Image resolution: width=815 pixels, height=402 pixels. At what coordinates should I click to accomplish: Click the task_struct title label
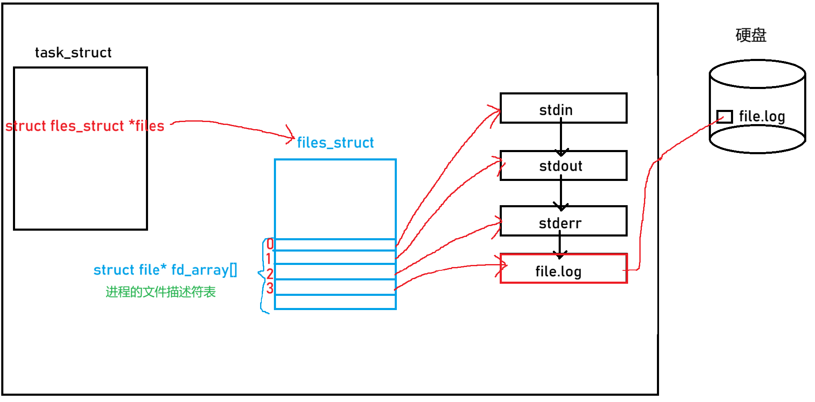73,53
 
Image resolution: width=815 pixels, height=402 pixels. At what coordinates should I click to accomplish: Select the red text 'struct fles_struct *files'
84,126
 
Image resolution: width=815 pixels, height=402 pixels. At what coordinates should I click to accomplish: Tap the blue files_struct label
335,142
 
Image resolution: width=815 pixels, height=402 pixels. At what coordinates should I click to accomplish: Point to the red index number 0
270,244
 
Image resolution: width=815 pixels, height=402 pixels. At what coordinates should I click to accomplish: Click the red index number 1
268,258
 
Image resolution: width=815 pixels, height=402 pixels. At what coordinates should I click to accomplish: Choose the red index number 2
270,274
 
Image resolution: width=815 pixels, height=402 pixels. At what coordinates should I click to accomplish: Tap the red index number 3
270,288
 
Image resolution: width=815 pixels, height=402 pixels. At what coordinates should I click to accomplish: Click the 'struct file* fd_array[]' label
165,270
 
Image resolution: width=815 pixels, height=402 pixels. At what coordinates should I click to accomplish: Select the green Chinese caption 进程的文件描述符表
161,292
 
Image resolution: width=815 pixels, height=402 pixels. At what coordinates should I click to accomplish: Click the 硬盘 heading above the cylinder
751,35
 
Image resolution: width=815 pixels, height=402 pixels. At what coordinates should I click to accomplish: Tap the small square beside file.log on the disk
724,117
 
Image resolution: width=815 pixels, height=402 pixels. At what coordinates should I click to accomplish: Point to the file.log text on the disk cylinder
762,117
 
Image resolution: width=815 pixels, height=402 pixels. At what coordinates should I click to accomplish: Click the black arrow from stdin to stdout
561,137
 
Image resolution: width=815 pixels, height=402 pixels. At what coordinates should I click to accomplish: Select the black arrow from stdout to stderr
561,193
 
